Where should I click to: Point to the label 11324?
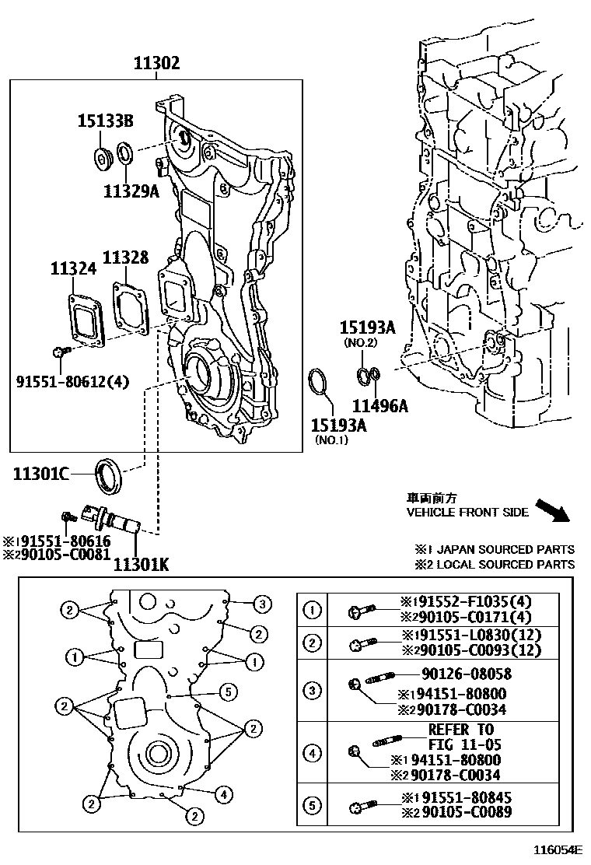pyautogui.click(x=73, y=268)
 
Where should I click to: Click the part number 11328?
pyautogui.click(x=125, y=257)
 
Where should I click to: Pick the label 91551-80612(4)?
pyautogui.click(x=72, y=381)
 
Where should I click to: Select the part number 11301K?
pyautogui.click(x=141, y=562)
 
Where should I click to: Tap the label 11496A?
pyautogui.click(x=380, y=404)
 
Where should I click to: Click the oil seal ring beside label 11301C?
pyautogui.click(x=109, y=475)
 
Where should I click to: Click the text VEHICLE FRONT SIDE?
pyautogui.click(x=467, y=512)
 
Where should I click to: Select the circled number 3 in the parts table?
pyautogui.click(x=312, y=690)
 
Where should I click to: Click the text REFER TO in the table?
pyautogui.click(x=460, y=729)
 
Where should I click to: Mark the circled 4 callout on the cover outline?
pyautogui.click(x=222, y=794)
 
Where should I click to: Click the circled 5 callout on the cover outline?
pyautogui.click(x=226, y=691)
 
